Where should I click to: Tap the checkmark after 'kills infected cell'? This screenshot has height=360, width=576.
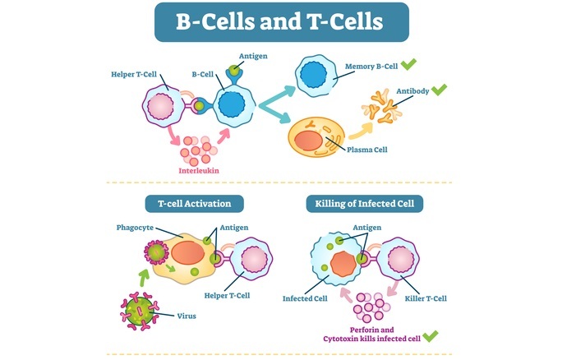[431, 335]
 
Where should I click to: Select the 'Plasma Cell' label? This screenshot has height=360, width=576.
[366, 150]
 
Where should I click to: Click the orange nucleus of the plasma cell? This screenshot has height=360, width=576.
[311, 136]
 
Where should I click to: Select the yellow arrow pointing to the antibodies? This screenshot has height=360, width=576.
[361, 127]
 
